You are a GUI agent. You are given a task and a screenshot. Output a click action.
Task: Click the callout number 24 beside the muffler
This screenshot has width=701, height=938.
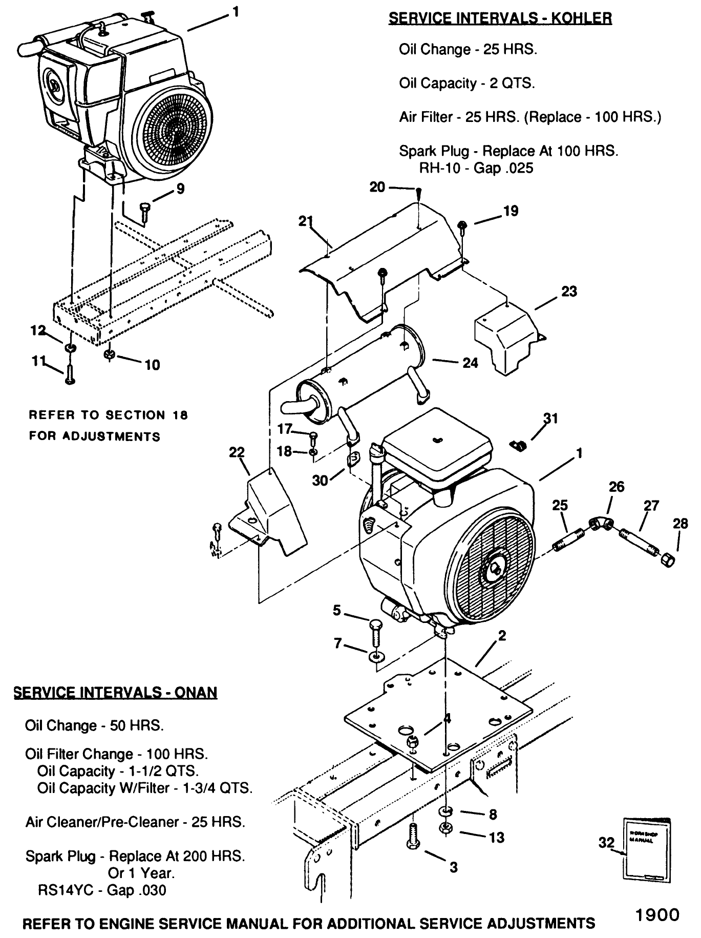tap(470, 363)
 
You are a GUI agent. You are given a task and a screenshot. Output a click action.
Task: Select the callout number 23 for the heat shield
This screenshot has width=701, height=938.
tap(569, 291)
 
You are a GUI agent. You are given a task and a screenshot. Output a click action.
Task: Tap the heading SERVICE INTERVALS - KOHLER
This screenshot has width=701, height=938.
tap(500, 18)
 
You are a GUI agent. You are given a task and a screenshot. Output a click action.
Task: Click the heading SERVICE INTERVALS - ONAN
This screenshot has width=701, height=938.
tap(115, 693)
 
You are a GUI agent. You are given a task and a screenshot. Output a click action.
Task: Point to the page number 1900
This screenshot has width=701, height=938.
tap(657, 914)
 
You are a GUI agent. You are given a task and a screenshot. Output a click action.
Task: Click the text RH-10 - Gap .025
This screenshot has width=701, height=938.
tap(476, 168)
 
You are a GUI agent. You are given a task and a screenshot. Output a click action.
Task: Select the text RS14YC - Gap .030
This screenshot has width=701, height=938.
tap(102, 890)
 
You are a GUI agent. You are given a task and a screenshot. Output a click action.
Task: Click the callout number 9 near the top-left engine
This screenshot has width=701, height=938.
tap(180, 189)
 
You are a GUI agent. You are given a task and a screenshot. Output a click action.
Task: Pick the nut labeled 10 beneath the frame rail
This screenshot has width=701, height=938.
tap(109, 355)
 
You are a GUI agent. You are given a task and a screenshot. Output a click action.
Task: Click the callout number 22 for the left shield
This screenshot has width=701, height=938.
tap(237, 452)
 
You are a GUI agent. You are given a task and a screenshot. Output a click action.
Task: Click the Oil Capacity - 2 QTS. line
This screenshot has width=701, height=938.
tap(466, 83)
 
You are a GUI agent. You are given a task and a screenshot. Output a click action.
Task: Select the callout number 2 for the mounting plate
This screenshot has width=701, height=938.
tap(502, 636)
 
